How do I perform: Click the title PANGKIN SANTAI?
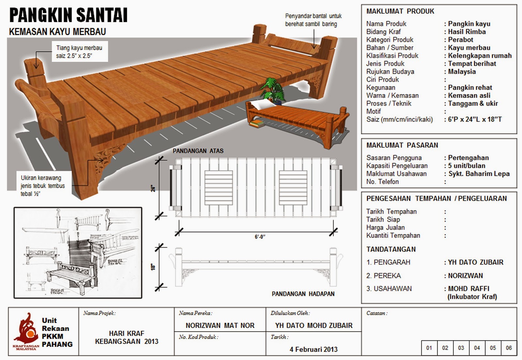68,15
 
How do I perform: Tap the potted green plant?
272,90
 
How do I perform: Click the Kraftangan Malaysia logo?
25,331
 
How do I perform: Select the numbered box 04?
477,348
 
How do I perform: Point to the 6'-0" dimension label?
260,237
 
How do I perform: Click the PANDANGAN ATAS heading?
198,151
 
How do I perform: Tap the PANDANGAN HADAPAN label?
303,294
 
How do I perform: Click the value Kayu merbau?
469,48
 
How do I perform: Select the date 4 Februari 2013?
314,349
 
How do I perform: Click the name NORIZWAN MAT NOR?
220,325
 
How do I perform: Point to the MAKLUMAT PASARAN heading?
402,145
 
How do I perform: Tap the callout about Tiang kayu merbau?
79,52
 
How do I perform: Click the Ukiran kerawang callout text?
42,186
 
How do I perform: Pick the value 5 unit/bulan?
467,166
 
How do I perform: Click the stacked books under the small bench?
257,123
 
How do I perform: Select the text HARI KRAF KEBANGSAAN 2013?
127,337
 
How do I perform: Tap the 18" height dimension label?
153,267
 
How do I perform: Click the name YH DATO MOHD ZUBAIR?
314,325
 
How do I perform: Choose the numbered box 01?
429,348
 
